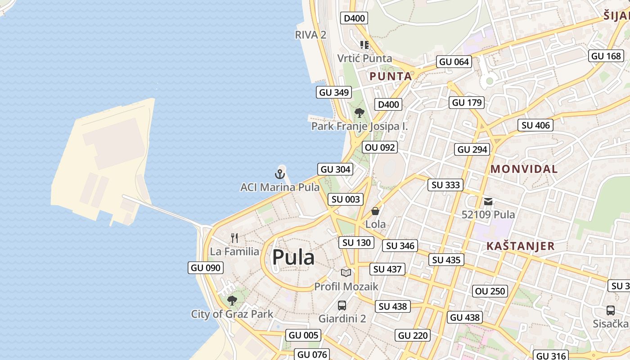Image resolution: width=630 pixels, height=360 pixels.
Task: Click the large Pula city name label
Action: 293,257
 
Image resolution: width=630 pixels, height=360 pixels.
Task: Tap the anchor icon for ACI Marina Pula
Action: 280,174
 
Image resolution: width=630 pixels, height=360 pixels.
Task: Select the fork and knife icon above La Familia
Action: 234,238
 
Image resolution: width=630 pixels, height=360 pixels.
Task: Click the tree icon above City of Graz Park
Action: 232,300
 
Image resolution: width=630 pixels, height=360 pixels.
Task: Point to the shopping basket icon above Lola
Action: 375,211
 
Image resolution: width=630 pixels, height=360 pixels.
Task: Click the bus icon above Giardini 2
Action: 342,306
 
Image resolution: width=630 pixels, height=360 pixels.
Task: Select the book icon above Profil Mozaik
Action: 346,273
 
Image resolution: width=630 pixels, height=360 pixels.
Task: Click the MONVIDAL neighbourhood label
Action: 524,169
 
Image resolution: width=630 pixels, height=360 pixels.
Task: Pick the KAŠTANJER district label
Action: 520,246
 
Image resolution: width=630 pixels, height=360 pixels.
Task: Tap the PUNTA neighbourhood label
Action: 391,76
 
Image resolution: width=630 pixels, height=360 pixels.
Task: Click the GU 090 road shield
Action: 206,268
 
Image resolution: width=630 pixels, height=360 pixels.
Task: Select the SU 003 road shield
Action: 346,199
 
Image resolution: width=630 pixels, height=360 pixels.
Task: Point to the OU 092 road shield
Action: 380,147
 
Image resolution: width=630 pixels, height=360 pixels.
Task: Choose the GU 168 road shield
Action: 606,56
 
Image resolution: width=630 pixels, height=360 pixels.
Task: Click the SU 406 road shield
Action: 535,125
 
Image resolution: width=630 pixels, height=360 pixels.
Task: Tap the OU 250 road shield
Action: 490,291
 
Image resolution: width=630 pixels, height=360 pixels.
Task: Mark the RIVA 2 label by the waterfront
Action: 310,35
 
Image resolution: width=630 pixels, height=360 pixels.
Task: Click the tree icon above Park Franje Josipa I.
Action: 359,112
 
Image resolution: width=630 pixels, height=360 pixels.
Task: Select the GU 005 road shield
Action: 303,335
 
